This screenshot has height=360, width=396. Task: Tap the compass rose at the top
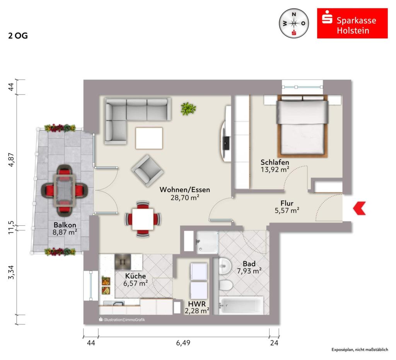[294, 24]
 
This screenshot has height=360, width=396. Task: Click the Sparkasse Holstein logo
[352, 24]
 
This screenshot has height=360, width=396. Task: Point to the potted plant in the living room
[188, 108]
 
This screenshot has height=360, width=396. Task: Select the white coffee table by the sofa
[149, 138]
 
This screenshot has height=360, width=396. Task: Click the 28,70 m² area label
[185, 197]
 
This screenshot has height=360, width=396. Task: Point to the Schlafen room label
[275, 162]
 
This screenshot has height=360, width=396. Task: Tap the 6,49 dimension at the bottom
[183, 343]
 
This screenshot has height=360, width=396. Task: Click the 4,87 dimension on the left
[11, 159]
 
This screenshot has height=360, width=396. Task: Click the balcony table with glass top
[65, 189]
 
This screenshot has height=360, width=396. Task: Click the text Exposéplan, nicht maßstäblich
[359, 350]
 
